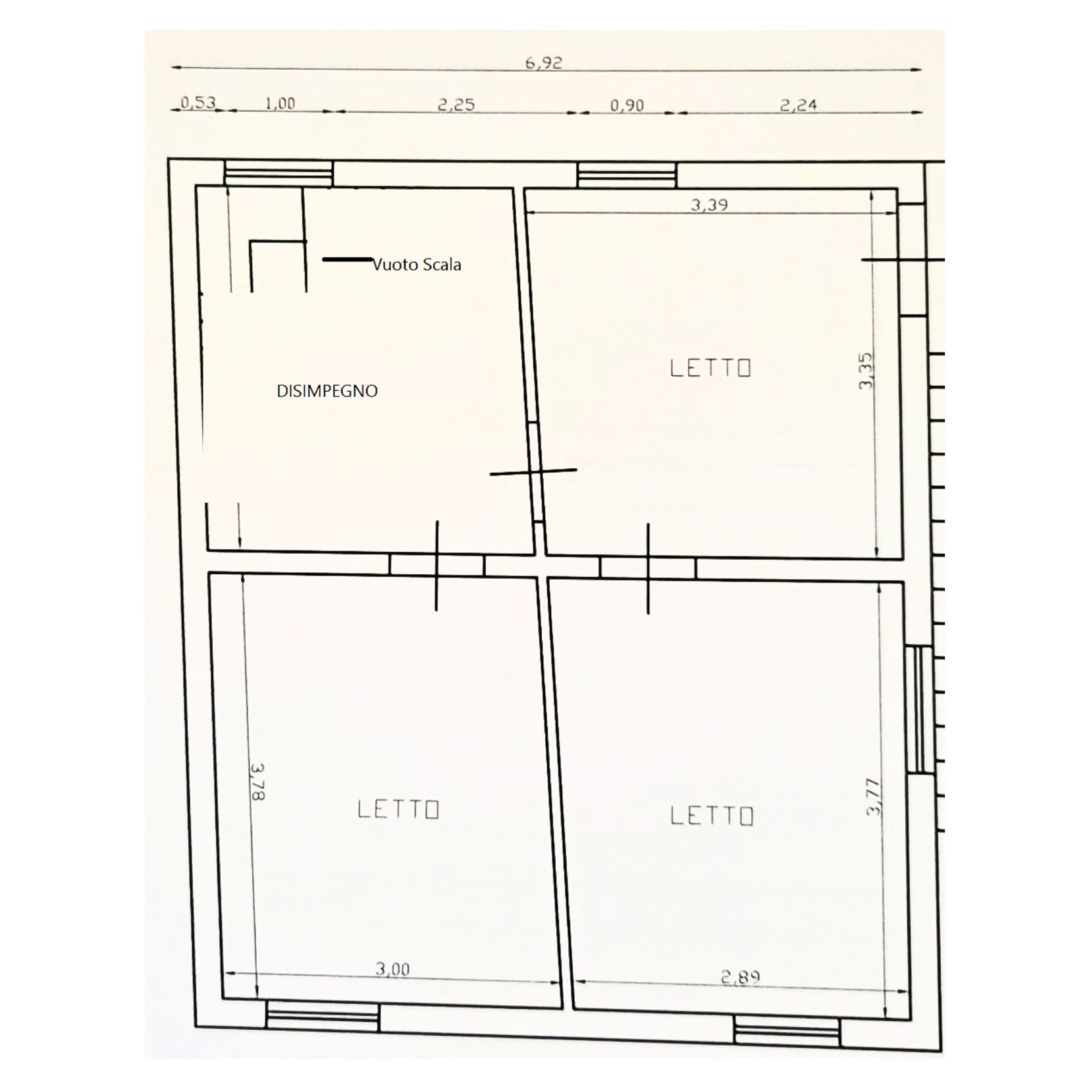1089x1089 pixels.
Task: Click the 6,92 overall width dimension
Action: [x=543, y=63]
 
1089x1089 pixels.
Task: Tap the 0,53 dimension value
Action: [x=198, y=102]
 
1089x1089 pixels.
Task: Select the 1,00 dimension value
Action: [x=280, y=103]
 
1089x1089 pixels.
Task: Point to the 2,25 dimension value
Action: [x=456, y=105]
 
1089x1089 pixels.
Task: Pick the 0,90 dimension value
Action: [x=627, y=105]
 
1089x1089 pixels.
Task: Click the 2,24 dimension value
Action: [x=798, y=105]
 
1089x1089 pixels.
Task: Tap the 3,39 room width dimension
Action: [x=709, y=205]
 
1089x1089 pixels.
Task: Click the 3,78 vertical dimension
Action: [x=257, y=782]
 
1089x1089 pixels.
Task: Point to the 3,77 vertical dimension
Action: [x=873, y=797]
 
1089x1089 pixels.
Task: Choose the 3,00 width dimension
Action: [x=392, y=969]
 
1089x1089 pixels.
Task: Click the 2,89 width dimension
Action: [x=741, y=977]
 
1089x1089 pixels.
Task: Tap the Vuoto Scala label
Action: [x=417, y=265]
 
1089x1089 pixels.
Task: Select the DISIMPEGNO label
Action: [x=327, y=391]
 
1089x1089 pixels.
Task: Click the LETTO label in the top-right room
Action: [x=710, y=367]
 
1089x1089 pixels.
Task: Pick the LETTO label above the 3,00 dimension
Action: [x=398, y=809]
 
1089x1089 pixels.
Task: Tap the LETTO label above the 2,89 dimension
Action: [x=712, y=816]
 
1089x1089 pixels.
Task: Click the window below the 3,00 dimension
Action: [x=323, y=1016]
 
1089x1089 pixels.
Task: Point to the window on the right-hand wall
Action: [x=918, y=709]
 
